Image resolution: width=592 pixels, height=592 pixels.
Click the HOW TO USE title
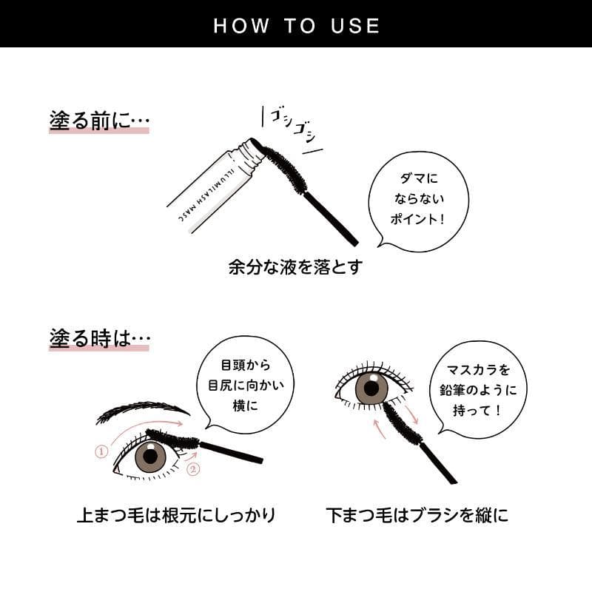click(x=297, y=26)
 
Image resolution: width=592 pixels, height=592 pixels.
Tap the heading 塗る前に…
click(x=99, y=121)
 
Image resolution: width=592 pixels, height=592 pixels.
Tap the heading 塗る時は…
click(x=100, y=338)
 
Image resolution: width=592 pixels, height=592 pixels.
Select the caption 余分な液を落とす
click(x=295, y=267)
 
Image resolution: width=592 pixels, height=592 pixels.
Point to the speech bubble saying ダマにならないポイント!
click(x=418, y=200)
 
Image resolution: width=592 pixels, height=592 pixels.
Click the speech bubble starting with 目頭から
click(x=246, y=383)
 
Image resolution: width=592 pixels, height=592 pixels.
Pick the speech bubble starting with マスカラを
click(x=478, y=390)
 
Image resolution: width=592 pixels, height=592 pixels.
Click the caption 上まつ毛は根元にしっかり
click(x=176, y=515)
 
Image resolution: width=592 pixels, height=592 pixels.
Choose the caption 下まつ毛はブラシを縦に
click(x=417, y=515)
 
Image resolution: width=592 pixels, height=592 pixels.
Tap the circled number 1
click(x=101, y=451)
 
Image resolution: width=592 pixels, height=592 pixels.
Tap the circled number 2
click(x=193, y=469)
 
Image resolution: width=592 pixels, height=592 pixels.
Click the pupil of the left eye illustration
click(x=150, y=456)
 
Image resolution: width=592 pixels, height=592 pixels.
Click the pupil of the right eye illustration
click(x=371, y=388)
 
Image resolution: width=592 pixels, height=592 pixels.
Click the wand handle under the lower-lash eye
click(x=438, y=463)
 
